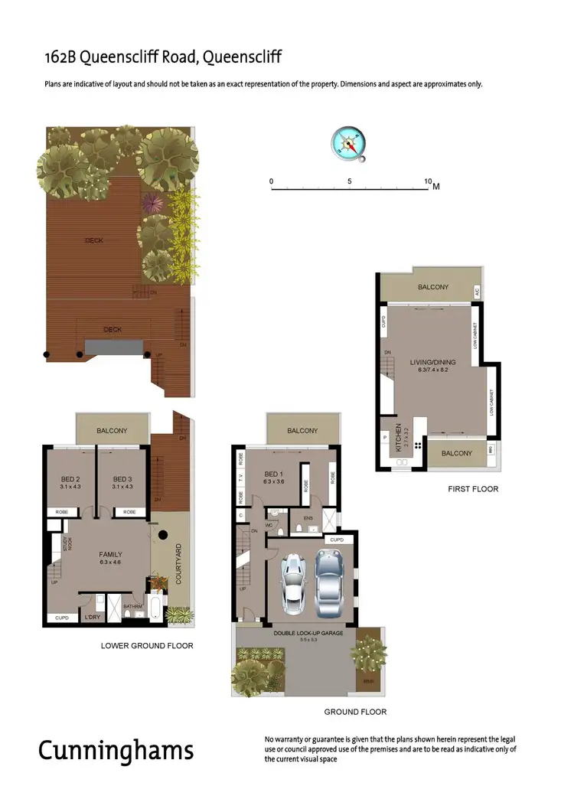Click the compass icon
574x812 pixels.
point(348,144)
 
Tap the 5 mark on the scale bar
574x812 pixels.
point(350,182)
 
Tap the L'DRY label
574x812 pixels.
point(93,617)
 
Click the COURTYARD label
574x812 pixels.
point(178,565)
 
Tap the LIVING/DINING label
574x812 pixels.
point(433,362)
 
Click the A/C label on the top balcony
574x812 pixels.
point(476,292)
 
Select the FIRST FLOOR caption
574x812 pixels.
point(473,488)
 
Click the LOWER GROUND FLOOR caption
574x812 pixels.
point(147,645)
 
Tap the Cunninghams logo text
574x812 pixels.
point(116,750)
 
